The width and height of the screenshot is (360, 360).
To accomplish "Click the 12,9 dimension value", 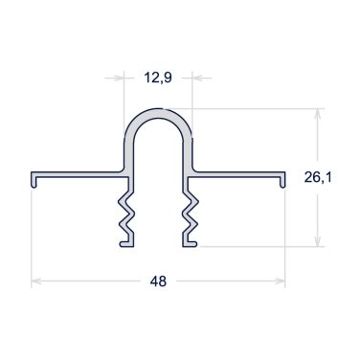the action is (158, 78).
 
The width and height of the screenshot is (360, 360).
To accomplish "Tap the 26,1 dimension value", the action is (318, 177).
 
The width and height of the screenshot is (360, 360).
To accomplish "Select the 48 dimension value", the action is (158, 281).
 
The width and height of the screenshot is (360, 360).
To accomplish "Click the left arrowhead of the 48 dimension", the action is (36, 281).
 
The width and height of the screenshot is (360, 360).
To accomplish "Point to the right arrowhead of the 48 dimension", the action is (280, 281).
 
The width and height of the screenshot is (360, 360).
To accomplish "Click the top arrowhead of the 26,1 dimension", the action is (317, 114).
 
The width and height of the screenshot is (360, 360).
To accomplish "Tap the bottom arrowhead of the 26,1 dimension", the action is (317, 241).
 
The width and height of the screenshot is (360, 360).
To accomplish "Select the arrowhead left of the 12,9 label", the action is (119, 78).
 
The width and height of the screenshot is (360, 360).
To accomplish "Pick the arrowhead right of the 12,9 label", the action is (197, 78).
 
